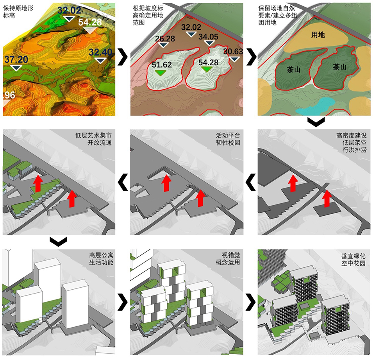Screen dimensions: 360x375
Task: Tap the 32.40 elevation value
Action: pyautogui.click(x=100, y=52)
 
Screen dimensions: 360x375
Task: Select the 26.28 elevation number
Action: pyautogui.click(x=165, y=39)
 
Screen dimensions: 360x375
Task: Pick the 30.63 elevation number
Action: pyautogui.click(x=234, y=52)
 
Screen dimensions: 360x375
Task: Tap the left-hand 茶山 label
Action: pyautogui.click(x=293, y=70)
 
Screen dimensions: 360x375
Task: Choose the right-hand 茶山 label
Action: pyautogui.click(x=339, y=67)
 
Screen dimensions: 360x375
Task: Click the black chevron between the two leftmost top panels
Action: pyautogui.click(x=123, y=57)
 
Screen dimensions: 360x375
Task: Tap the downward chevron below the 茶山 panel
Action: pyautogui.click(x=316, y=122)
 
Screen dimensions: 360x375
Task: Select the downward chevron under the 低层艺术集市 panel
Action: pyautogui.click(x=59, y=242)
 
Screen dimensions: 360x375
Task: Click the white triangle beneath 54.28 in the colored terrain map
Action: pyautogui.click(x=90, y=31)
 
